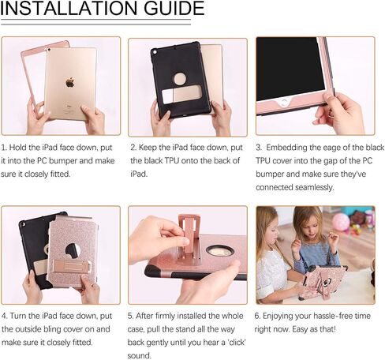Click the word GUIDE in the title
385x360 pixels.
pyautogui.click(x=174, y=8)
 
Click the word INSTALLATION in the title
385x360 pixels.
pyautogui.click(x=69, y=8)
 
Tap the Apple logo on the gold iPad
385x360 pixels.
pyautogui.click(x=70, y=82)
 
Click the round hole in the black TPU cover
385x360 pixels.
pyautogui.click(x=180, y=79)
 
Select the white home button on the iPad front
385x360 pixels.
pyautogui.click(x=284, y=103)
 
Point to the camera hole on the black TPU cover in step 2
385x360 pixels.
pyautogui.click(x=155, y=51)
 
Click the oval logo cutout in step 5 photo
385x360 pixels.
pyautogui.click(x=220, y=251)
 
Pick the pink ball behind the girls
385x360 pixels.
pyautogui.click(x=341, y=222)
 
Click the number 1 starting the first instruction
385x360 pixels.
pyautogui.click(x=3, y=148)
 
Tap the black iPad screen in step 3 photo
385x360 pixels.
pyautogui.click(x=290, y=69)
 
